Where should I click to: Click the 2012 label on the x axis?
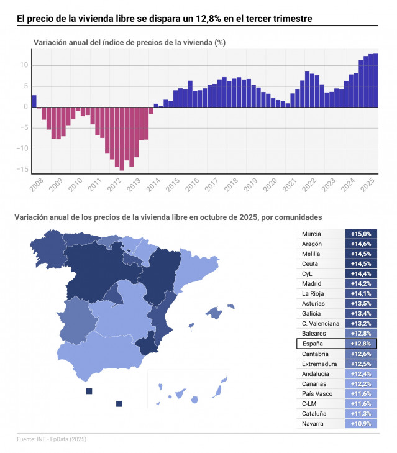[x=114, y=185]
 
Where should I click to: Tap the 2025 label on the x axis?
[x=367, y=185]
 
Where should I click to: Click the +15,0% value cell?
[x=361, y=234]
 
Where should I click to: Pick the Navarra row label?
[x=313, y=424]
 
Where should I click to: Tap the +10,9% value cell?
[x=361, y=424]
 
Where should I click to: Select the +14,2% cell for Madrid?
[x=361, y=284]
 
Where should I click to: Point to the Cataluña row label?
[x=314, y=414]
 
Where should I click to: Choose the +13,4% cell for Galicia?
[x=361, y=314]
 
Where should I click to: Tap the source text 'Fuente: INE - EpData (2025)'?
[x=52, y=439]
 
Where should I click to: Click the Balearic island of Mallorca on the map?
[x=214, y=313]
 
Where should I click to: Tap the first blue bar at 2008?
[x=34, y=101]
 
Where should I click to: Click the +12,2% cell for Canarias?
[x=361, y=384]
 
